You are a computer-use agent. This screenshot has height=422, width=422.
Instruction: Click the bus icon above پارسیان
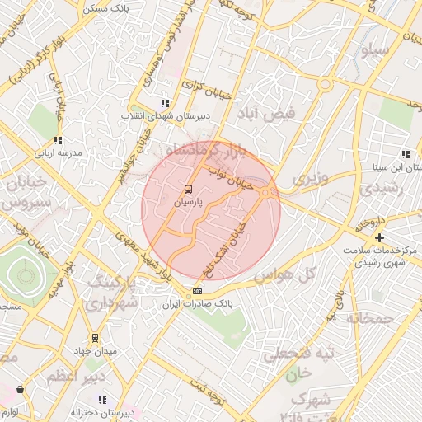[x=188, y=189]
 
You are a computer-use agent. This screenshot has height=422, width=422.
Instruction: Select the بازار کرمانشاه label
[x=203, y=152]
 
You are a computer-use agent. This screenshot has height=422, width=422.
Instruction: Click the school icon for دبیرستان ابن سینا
[x=405, y=154]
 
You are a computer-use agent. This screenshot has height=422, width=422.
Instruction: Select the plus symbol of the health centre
[x=379, y=238]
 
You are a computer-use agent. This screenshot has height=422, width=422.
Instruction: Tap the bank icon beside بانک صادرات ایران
[x=197, y=291]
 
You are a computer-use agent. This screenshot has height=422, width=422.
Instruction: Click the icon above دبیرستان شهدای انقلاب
[x=165, y=103]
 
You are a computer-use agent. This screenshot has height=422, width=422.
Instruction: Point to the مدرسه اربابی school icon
[x=57, y=141]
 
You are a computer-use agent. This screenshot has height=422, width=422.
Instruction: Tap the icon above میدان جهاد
[x=95, y=338]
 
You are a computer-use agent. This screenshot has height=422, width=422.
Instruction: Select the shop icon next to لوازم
[x=20, y=389]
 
